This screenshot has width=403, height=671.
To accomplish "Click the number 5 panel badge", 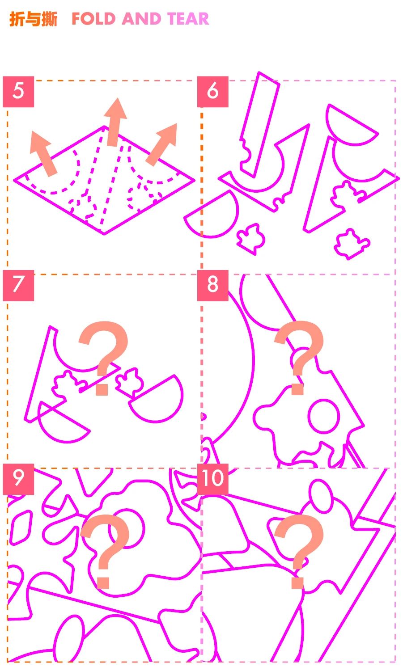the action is (x=18, y=92).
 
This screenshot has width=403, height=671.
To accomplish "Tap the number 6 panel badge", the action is (x=213, y=92).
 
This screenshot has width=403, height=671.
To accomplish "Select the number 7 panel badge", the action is (x=18, y=285).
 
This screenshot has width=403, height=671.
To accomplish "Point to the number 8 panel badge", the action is (x=213, y=285).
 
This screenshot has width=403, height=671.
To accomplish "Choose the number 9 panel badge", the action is (x=18, y=479).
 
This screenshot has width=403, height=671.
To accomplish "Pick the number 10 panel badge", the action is (x=213, y=479).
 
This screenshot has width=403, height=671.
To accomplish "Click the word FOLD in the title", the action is (x=94, y=19).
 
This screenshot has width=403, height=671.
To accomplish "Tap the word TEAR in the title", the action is (x=188, y=19).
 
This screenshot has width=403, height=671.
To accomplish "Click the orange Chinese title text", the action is (x=33, y=19).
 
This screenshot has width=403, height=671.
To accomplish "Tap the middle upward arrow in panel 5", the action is (x=115, y=122).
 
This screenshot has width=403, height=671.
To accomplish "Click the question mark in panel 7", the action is (x=104, y=358).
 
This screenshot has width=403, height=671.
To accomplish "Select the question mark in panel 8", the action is (x=299, y=358).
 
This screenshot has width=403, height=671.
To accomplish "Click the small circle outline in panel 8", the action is (x=323, y=416).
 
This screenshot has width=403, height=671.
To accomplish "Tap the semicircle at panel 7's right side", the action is (x=156, y=399).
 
